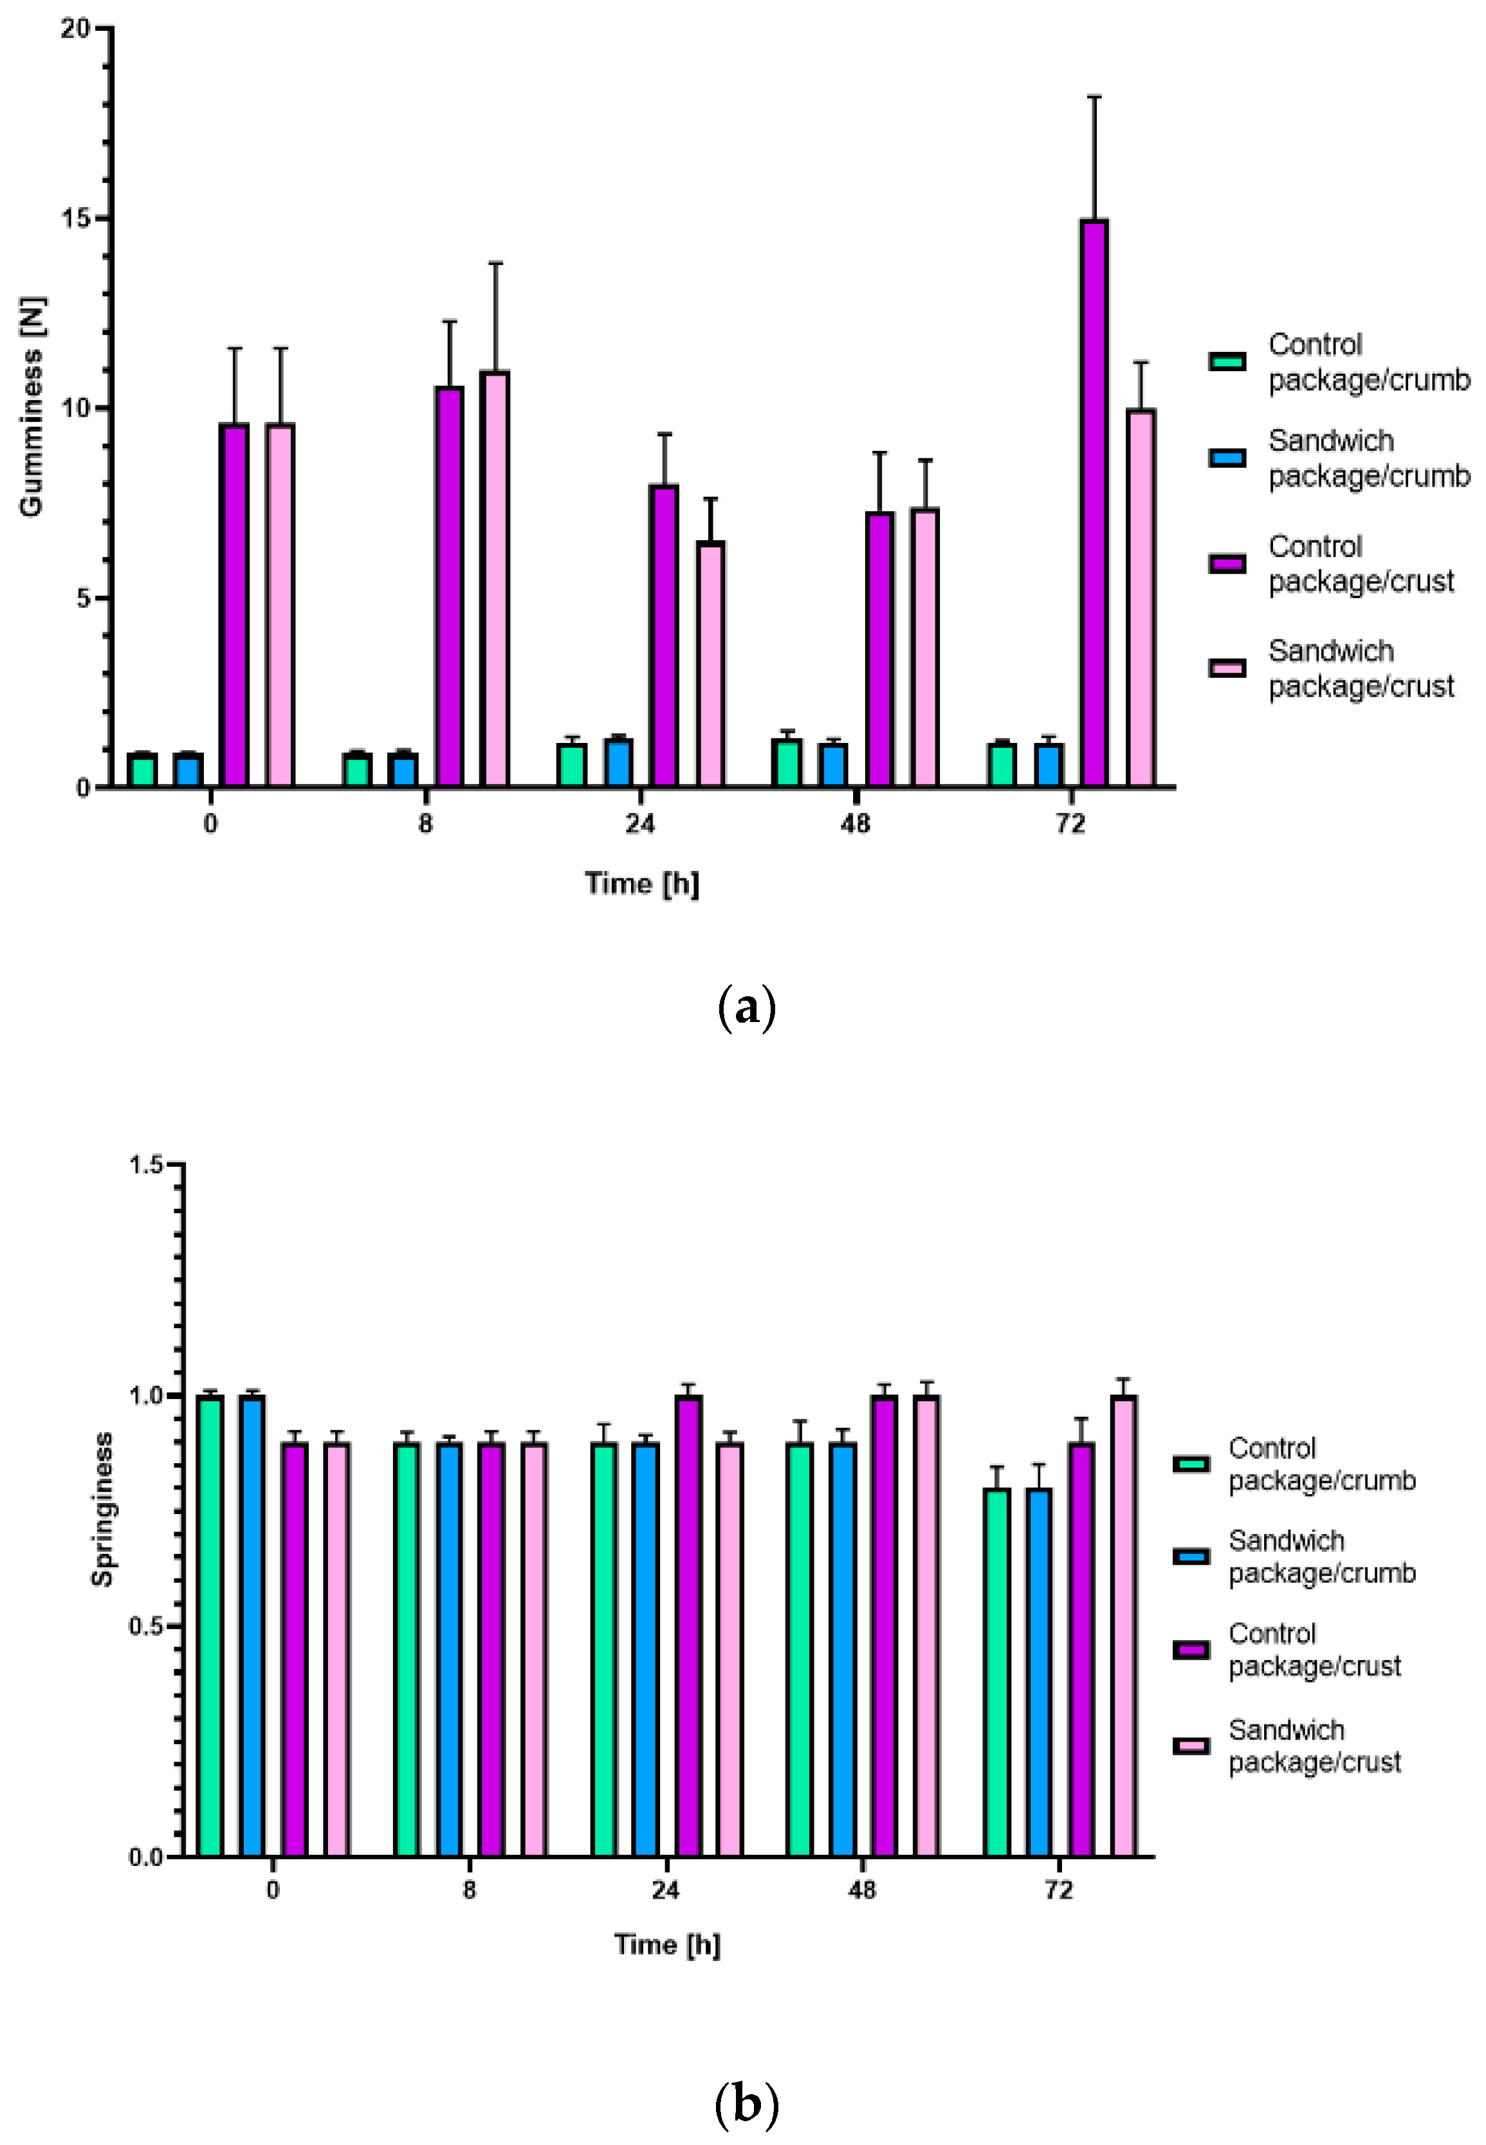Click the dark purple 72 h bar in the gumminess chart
click(x=1094, y=503)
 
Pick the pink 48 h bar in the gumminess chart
click(x=924, y=647)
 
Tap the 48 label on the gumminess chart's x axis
click(x=855, y=824)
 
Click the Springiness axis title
click(x=102, y=1508)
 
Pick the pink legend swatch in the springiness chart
click(x=1191, y=1746)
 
